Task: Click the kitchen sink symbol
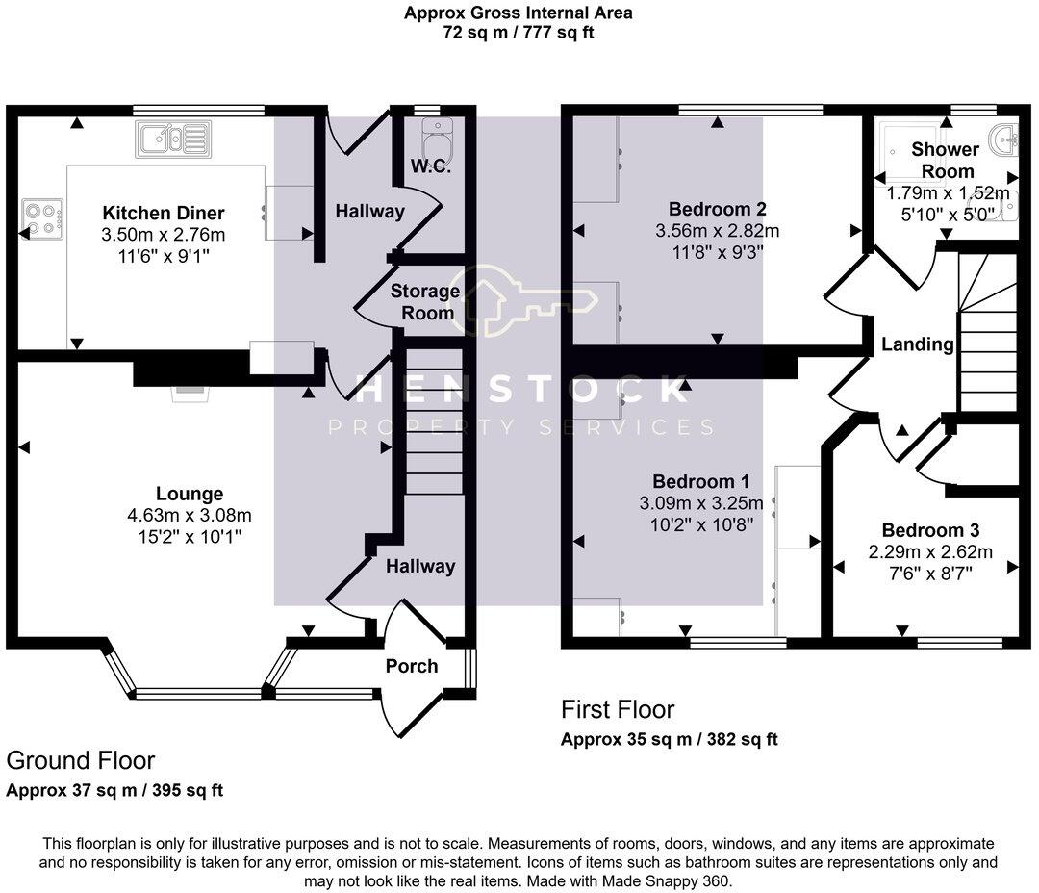173,140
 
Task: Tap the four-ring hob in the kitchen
43,219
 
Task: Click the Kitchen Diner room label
163,213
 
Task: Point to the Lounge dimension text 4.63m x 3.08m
189,515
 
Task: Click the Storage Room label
425,301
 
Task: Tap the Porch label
412,666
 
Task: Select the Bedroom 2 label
717,209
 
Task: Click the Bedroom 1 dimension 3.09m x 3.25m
701,503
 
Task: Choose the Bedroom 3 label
930,530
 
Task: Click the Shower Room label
946,161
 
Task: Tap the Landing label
917,344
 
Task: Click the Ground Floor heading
81,760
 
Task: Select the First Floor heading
618,709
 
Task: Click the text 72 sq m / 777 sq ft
519,32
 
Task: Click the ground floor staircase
433,421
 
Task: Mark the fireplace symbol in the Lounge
190,394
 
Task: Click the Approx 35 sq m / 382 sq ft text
670,739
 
